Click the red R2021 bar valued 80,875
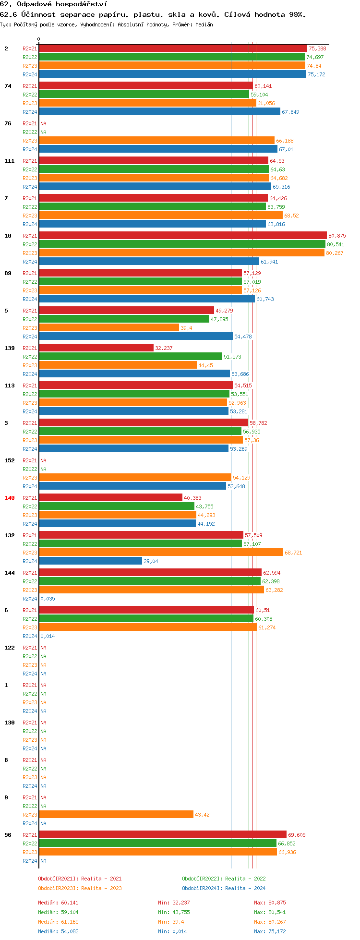(182, 235)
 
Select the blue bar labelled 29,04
(90, 561)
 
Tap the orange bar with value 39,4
(109, 327)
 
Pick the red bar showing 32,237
(96, 348)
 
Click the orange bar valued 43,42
(116, 814)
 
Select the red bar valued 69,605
(162, 834)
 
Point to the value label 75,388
(317, 48)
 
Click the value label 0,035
(48, 599)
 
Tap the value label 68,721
(293, 553)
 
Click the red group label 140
(10, 498)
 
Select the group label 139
(10, 348)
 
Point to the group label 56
(8, 835)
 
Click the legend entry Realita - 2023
(80, 888)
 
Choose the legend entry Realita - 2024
(224, 888)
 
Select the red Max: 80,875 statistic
(270, 903)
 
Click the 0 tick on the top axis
(39, 39)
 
